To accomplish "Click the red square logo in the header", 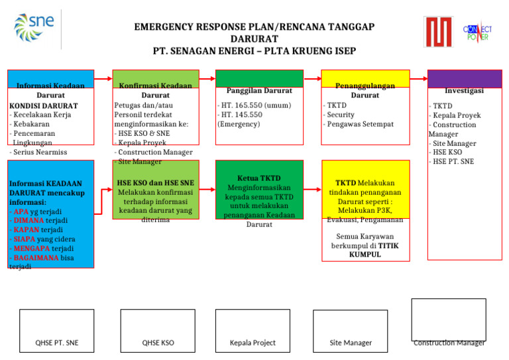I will pyautogui.click(x=438, y=32).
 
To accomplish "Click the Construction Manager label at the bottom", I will pyautogui.click(x=449, y=343).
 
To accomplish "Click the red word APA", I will pyautogui.click(x=21, y=211).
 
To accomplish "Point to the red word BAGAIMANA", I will pyautogui.click(x=36, y=258).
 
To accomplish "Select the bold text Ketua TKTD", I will pyautogui.click(x=259, y=178).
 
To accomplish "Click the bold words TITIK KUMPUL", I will pyautogui.click(x=372, y=250).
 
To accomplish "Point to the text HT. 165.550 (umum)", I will pyautogui.click(x=255, y=105).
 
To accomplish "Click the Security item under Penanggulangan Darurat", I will pyautogui.click(x=341, y=115).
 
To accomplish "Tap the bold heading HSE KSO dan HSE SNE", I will pyautogui.click(x=155, y=183).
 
